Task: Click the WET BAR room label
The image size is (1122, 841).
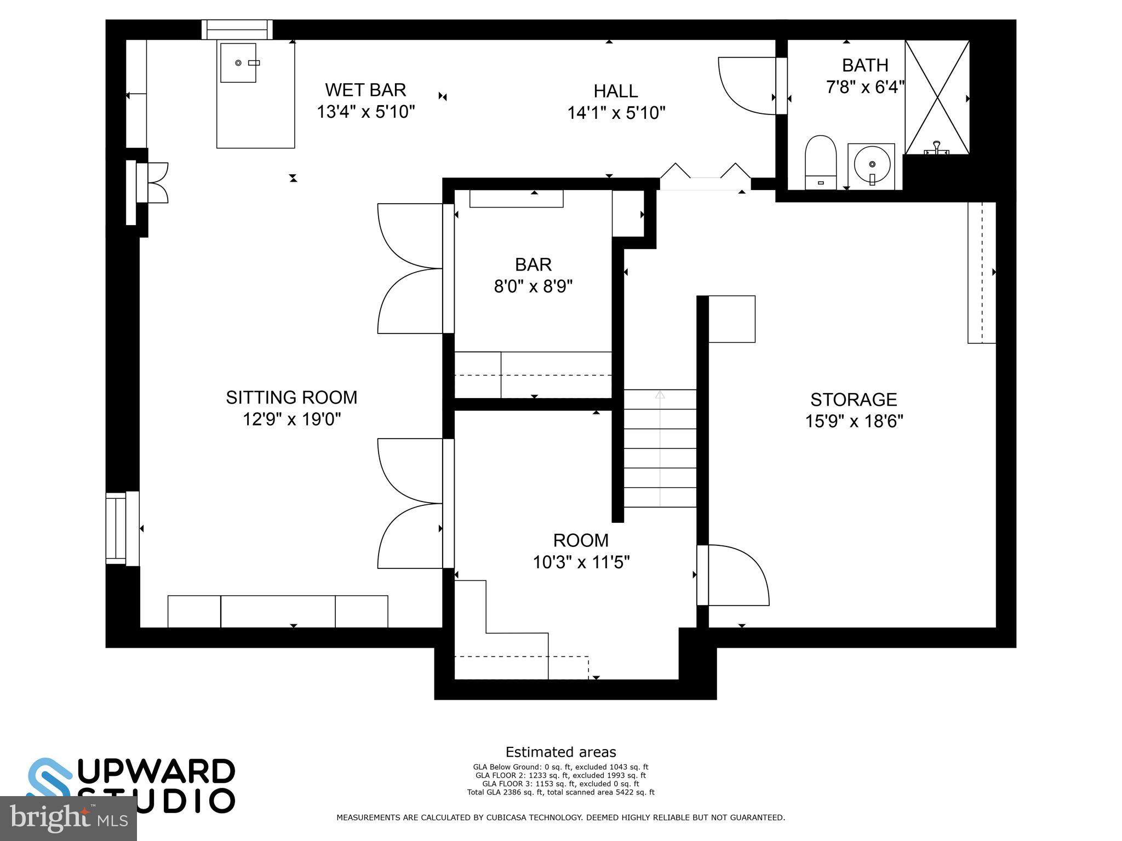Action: pyautogui.click(x=365, y=90)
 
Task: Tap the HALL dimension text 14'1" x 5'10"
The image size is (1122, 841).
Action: pyautogui.click(x=616, y=113)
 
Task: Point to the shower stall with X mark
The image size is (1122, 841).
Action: pyautogui.click(x=937, y=97)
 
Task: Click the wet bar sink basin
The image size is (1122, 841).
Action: pyautogui.click(x=238, y=63)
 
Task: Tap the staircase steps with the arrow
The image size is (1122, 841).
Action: pyautogui.click(x=660, y=448)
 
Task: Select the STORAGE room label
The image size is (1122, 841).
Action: pyautogui.click(x=853, y=400)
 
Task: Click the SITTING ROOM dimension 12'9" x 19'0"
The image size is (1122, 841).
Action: pyautogui.click(x=291, y=420)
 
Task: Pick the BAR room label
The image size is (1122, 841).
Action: pyautogui.click(x=533, y=265)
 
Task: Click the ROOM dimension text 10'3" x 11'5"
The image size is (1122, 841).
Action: pyautogui.click(x=581, y=562)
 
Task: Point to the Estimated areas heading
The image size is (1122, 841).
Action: pyautogui.click(x=560, y=752)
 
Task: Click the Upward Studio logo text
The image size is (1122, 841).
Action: pyautogui.click(x=156, y=785)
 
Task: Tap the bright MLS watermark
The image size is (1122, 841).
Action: pyautogui.click(x=68, y=819)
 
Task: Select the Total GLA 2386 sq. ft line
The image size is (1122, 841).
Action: pyautogui.click(x=560, y=792)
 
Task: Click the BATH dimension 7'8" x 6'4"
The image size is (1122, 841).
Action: pyautogui.click(x=865, y=87)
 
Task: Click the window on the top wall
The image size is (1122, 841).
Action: pyautogui.click(x=237, y=30)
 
